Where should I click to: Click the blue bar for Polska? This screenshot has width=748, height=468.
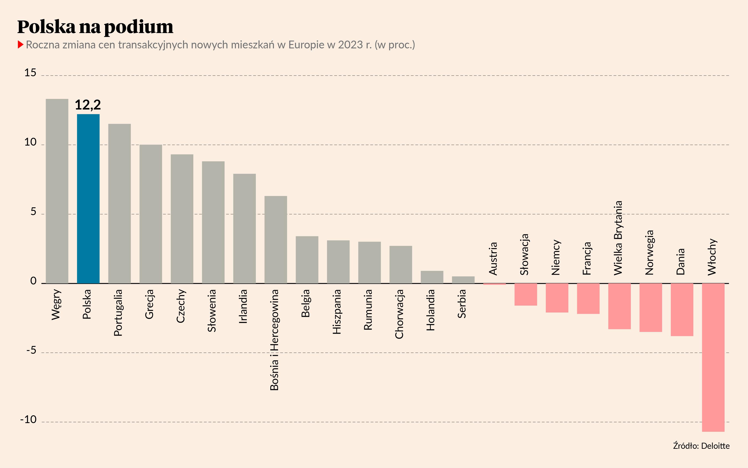tap(88, 199)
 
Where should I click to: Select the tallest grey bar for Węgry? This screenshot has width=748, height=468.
tap(57, 191)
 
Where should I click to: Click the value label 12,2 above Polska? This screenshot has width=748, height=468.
tap(88, 105)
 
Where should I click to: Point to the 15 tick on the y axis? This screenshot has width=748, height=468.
tap(30, 73)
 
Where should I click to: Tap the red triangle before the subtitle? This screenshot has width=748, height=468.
tap(21, 44)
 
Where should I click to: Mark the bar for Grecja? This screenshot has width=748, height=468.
tap(151, 214)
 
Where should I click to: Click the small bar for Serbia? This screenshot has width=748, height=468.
tap(463, 280)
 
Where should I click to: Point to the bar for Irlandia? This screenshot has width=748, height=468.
tap(245, 228)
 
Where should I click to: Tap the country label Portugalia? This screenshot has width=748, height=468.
tap(118, 313)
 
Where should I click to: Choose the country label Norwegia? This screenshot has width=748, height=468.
tap(649, 252)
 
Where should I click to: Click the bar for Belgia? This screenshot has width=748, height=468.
tap(307, 260)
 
